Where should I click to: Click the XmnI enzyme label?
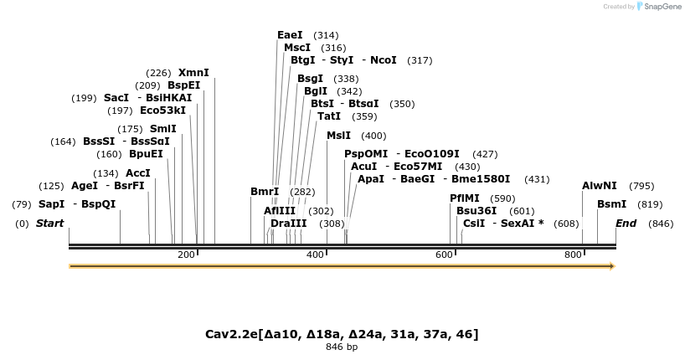193,73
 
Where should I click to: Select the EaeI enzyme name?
290,35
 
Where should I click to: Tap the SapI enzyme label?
51,204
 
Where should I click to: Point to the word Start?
49,224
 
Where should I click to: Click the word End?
626,224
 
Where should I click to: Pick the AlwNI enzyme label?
599,186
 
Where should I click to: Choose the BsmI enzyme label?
611,204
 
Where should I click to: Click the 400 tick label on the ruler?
315,255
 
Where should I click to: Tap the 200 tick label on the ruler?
186,255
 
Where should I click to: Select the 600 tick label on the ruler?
444,255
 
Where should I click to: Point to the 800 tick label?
573,255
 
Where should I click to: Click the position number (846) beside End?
661,224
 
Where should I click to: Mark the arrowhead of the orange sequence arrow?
612,266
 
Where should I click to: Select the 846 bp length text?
342,347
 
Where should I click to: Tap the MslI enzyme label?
338,136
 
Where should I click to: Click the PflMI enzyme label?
465,198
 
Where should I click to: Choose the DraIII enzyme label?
288,224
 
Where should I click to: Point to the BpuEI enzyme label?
146,154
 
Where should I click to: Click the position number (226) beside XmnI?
158,73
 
